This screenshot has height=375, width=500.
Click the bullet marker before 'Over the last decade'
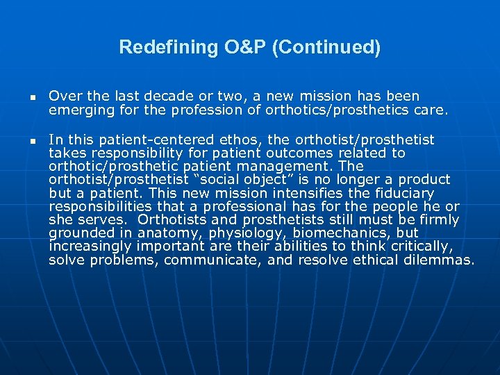pyautogui.click(x=31, y=97)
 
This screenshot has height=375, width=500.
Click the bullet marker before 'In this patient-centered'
pyautogui.click(x=31, y=141)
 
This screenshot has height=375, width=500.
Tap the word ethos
pyautogui.click(x=242, y=140)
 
